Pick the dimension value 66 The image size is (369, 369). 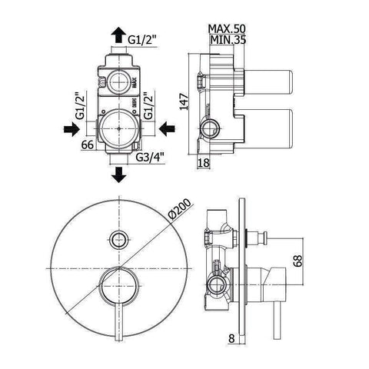coord(66,145)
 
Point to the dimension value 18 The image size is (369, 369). coord(203,163)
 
